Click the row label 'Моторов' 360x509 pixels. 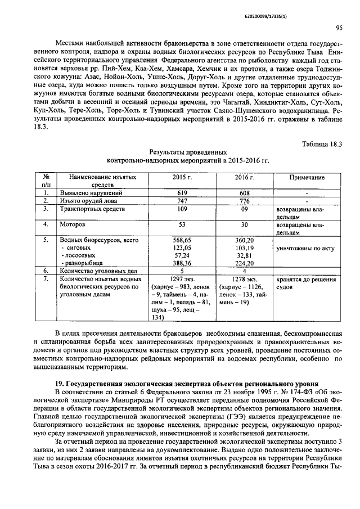coord(73,224)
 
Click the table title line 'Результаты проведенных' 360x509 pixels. coord(188,152)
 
